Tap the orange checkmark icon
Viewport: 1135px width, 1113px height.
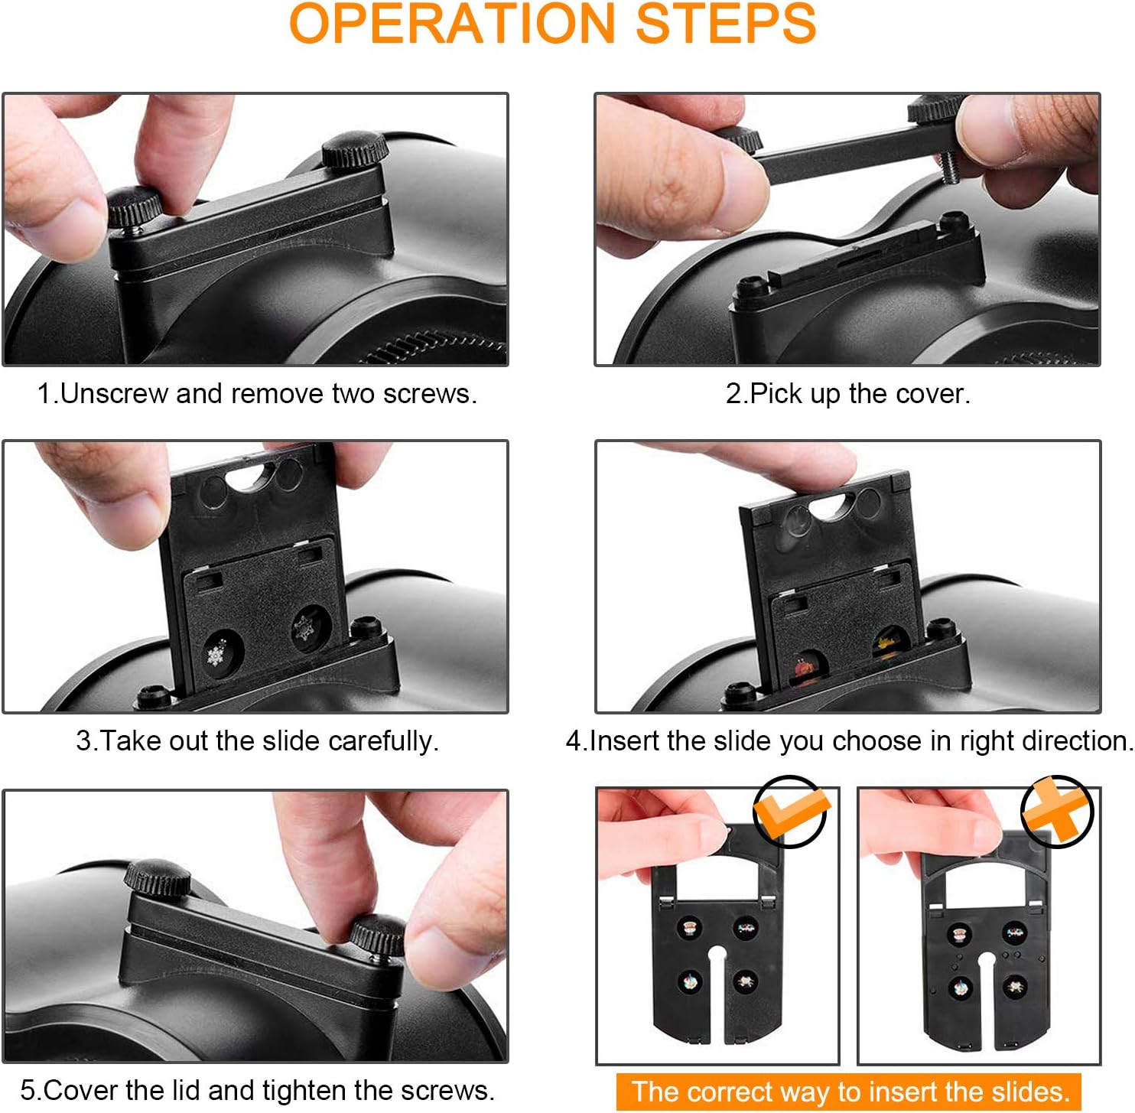tap(790, 812)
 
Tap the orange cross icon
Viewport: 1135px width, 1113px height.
tap(1058, 811)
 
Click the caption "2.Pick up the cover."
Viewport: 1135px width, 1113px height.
tap(847, 393)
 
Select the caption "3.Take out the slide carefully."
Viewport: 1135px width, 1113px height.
tap(257, 740)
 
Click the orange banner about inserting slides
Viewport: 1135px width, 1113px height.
tap(849, 1092)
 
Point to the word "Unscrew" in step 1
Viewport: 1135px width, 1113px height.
tap(114, 393)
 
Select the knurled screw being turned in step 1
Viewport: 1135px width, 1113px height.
tap(135, 207)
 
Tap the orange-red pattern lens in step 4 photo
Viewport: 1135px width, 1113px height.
tap(804, 669)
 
